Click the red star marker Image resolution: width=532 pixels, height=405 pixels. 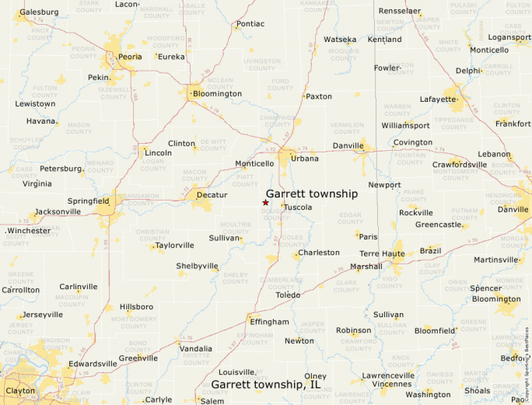click(x=265, y=202)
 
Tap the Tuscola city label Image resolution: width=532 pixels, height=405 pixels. click(x=298, y=208)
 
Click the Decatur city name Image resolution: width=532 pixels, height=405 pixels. click(x=212, y=195)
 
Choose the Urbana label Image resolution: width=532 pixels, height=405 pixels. click(x=305, y=159)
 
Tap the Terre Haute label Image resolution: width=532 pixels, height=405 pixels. click(x=382, y=254)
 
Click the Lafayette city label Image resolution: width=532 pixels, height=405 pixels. click(x=439, y=100)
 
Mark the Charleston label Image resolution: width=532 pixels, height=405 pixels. click(x=319, y=253)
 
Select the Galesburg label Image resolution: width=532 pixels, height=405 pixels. click(x=40, y=12)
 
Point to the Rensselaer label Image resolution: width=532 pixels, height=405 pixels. click(x=400, y=12)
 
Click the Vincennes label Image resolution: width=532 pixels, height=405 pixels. click(x=392, y=384)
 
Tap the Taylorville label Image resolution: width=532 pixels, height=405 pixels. click(x=175, y=245)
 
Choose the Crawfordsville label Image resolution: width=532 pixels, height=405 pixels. click(x=460, y=165)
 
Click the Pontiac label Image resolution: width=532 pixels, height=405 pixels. click(x=250, y=24)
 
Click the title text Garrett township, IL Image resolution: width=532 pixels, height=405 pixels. click(x=266, y=384)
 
